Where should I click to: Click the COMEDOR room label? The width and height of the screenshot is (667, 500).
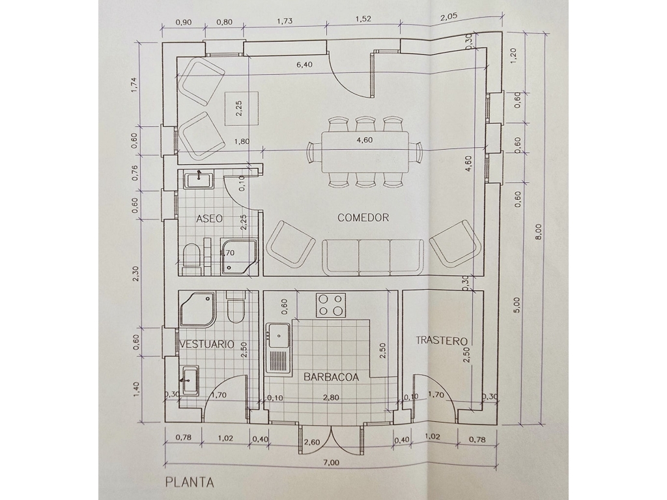pos(363,217)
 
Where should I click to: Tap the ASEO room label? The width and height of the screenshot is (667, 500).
pos(209,219)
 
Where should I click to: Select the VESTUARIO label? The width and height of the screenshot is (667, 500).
pos(206,344)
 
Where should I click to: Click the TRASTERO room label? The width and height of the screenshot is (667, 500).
pos(442,340)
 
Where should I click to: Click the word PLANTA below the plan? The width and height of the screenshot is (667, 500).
pos(190,482)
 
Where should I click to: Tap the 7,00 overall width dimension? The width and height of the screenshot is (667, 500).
pos(331,463)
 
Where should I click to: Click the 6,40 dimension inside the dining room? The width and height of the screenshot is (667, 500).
pos(305,64)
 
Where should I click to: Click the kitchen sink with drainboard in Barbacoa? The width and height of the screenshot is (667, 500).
pos(278,349)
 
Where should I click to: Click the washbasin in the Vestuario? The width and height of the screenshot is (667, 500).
pos(189,380)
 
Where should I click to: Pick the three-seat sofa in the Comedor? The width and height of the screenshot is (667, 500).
pos(373,257)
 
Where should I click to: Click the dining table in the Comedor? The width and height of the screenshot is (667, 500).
pos(365,152)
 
